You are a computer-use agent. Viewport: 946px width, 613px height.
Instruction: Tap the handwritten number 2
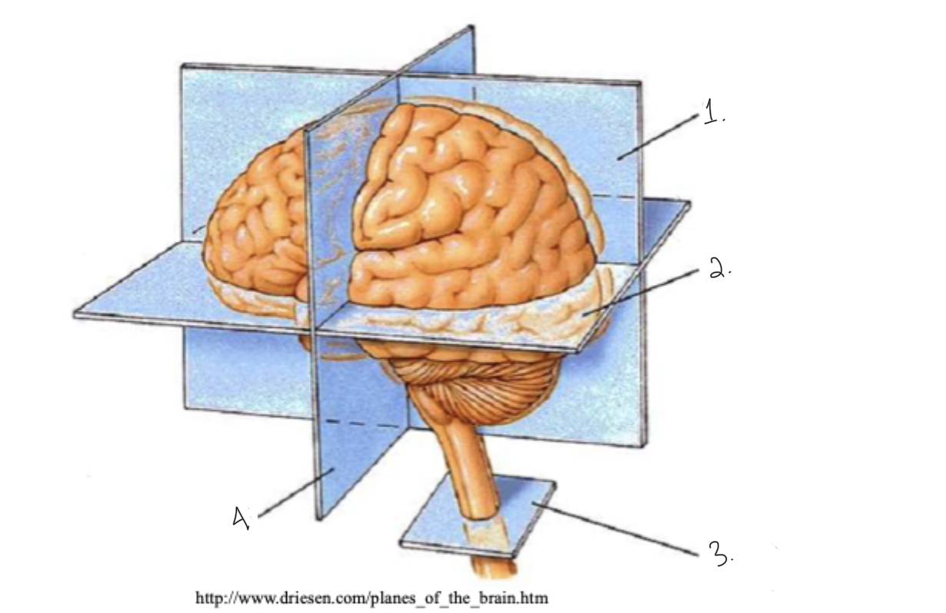(718, 269)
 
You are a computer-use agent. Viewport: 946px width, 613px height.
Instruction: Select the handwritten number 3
(720, 553)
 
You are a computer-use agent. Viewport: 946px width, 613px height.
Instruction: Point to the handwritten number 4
(240, 519)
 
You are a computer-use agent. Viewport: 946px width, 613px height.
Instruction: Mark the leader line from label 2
(646, 290)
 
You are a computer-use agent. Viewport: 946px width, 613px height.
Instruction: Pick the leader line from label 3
(615, 526)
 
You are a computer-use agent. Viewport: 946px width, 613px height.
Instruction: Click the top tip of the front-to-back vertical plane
(471, 28)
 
